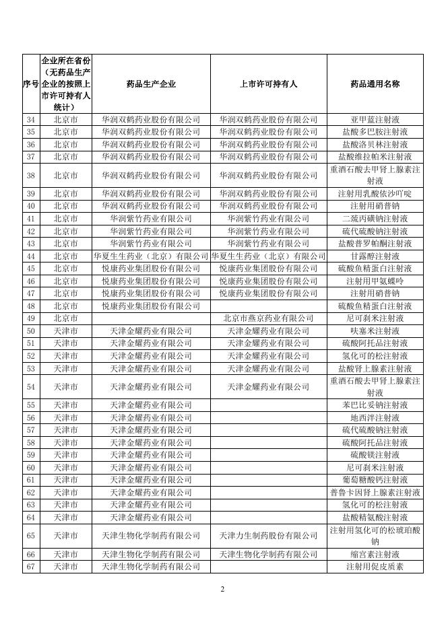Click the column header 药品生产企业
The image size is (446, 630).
(151, 84)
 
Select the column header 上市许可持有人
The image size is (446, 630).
(268, 84)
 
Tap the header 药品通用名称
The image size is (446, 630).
(375, 84)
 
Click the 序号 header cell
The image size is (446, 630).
(30, 84)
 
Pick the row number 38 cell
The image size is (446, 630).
(30, 175)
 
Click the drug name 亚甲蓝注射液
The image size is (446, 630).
(375, 119)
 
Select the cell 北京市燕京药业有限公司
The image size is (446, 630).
(268, 318)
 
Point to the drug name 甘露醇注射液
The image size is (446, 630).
(375, 256)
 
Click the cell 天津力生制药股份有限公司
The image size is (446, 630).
(268, 536)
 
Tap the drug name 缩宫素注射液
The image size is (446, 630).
(375, 554)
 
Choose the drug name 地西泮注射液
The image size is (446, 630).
(375, 417)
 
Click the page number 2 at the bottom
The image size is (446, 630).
(223, 590)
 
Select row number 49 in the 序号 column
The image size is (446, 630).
(30, 318)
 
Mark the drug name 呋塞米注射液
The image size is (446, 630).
(375, 330)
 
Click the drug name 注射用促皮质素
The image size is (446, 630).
(375, 567)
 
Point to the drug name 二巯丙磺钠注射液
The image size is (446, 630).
(375, 219)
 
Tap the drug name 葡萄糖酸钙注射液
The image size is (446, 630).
(375, 479)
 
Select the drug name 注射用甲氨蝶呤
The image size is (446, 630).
(375, 281)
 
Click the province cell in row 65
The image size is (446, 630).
(65, 536)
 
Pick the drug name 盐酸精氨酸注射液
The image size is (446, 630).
(375, 517)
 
